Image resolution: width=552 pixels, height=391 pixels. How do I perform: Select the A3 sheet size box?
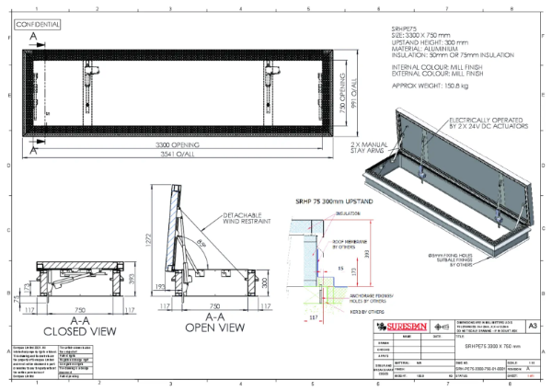(x=535, y=326)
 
